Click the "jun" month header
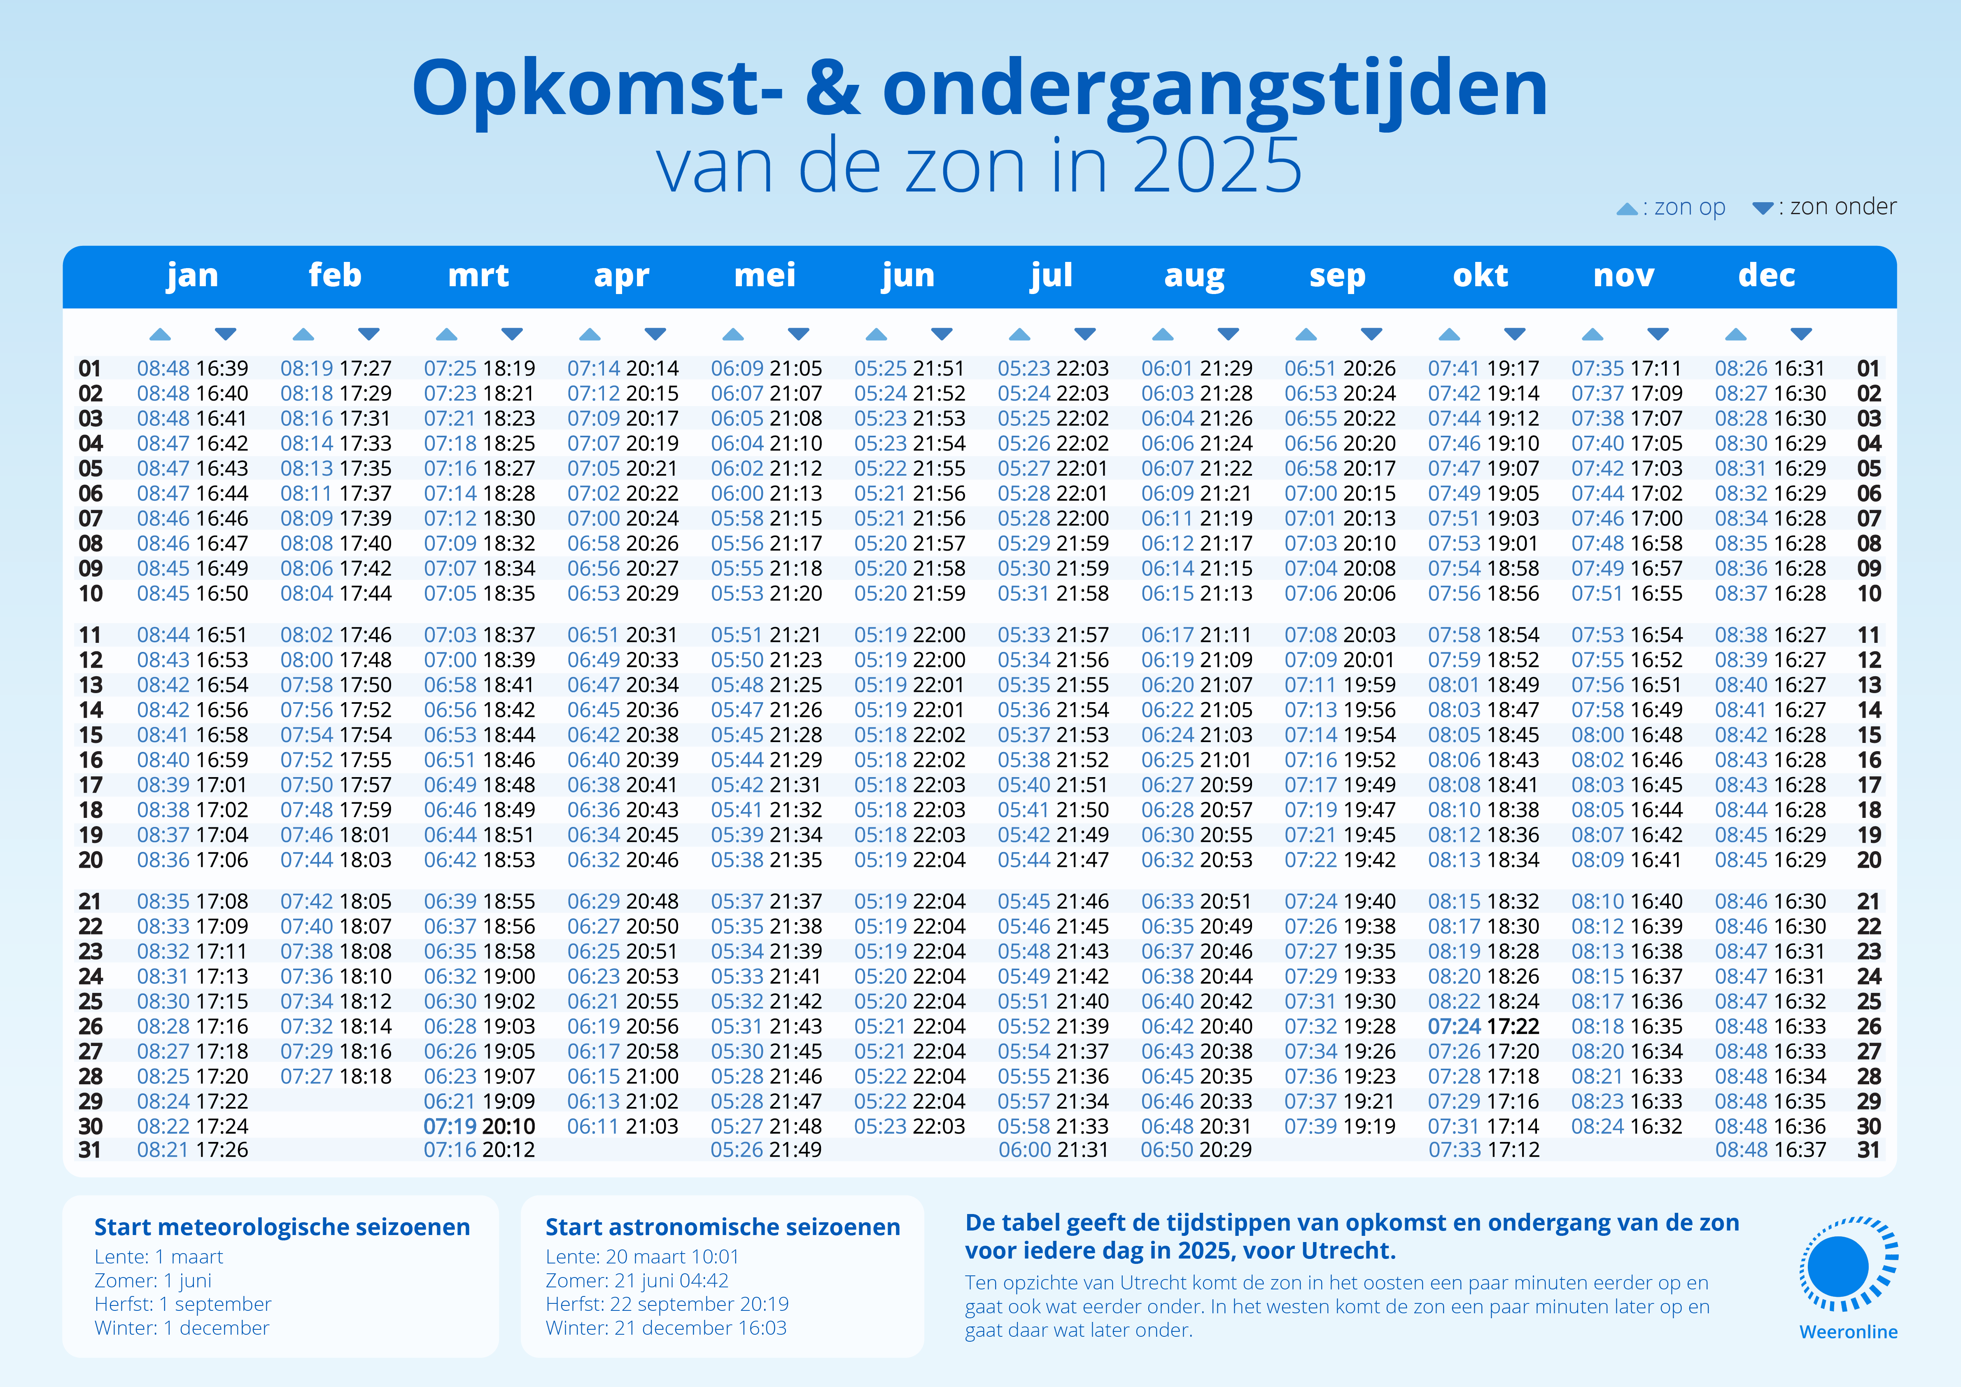click(908, 276)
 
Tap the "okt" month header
click(1480, 276)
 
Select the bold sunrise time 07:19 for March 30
click(450, 1126)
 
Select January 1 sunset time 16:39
click(222, 369)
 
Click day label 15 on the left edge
click(91, 736)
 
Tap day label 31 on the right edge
click(1869, 1151)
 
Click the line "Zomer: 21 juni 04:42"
click(636, 1280)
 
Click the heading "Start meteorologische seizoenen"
click(282, 1227)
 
